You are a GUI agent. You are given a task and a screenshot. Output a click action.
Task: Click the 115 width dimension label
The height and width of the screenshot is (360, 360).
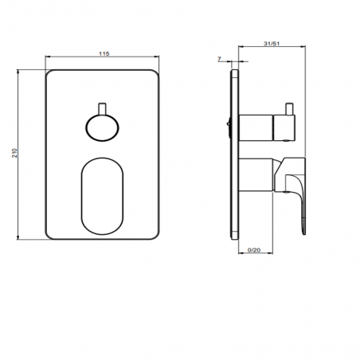coord(104,53)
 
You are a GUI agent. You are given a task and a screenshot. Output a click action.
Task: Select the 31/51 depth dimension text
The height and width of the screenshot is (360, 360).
coord(271,45)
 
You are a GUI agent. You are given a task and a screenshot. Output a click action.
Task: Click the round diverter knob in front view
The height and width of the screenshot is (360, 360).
coord(102,127)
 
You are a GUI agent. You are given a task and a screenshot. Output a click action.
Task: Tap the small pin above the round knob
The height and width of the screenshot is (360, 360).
coord(102,108)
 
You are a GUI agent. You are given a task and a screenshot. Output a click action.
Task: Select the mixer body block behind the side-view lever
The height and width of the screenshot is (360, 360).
coord(259,174)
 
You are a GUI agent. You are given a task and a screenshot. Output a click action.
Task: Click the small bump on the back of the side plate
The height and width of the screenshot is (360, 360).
coord(229,123)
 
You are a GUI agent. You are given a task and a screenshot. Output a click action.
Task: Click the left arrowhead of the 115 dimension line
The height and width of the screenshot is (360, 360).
coord(49,58)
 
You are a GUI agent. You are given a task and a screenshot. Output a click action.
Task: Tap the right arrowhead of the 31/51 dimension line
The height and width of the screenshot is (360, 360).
coord(304,49)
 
